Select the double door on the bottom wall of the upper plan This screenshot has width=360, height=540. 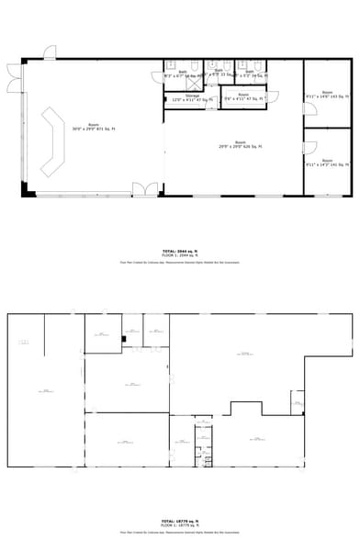click(144, 189)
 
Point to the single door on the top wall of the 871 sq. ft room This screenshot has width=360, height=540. click(50, 53)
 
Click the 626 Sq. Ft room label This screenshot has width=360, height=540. click(240, 144)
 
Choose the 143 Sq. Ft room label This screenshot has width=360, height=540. click(327, 95)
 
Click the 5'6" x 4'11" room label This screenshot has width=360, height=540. click(243, 96)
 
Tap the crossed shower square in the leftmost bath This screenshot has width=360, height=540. click(170, 65)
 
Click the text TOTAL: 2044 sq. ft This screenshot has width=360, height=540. click(179, 250)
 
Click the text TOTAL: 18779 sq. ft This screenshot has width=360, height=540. click(179, 521)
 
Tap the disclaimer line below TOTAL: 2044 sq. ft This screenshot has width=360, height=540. click(179, 262)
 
